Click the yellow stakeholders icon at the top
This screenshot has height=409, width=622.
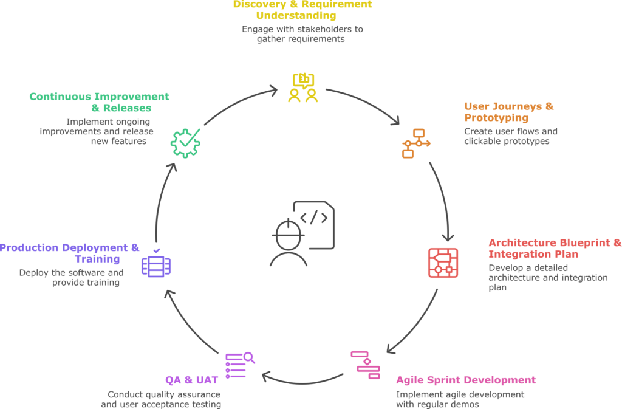tap(302, 88)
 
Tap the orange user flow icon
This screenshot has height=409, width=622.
tap(415, 143)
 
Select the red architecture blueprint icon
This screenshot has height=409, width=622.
tap(443, 263)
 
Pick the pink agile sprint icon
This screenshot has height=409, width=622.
tap(365, 365)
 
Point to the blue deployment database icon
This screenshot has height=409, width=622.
tap(156, 265)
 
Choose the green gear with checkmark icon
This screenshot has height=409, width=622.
tap(185, 143)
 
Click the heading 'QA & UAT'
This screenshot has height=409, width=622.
tap(191, 380)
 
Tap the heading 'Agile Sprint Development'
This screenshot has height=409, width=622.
tap(466, 380)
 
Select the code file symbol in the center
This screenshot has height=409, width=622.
tap(315, 222)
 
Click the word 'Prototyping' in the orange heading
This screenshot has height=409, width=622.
tap(488, 118)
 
